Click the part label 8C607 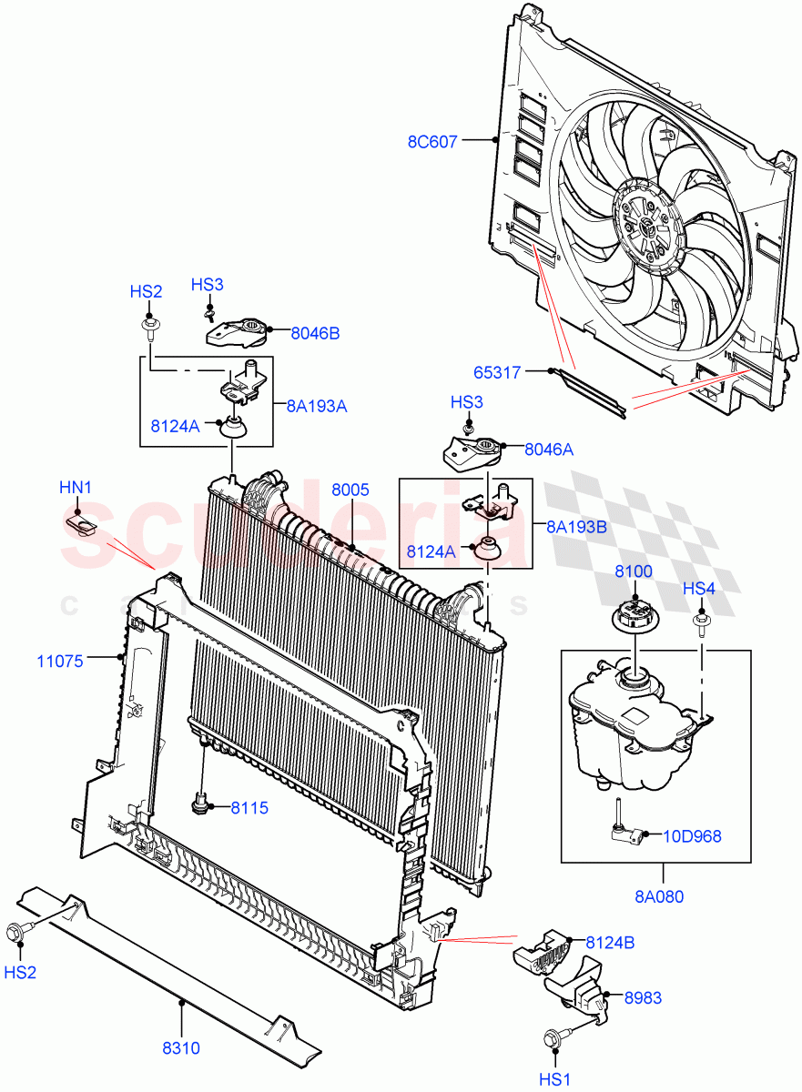433,142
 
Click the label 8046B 315,334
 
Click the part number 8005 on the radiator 350,490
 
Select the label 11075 60,662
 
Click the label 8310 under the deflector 181,1048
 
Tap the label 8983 643,998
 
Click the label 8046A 549,449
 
